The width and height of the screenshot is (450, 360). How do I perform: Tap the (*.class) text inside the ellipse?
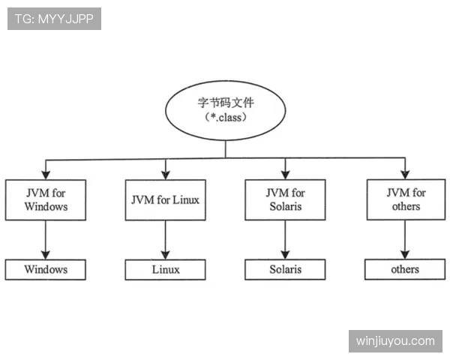[x=225, y=118]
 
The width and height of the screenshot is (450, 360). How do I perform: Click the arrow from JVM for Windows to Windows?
[x=45, y=240]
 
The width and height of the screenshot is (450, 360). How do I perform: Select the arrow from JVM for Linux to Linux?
[x=165, y=240]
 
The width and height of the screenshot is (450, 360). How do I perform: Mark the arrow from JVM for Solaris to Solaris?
[x=285, y=240]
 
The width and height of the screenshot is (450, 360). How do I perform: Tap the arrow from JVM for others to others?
[x=405, y=239]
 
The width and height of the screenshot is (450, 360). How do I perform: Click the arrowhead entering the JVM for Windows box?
[x=46, y=175]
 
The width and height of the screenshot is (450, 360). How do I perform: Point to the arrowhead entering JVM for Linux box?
[x=166, y=175]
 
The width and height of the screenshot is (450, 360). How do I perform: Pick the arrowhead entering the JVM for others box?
[x=405, y=175]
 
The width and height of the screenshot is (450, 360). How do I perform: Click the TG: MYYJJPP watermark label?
[x=54, y=19]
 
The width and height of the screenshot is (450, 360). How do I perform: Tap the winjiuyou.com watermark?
[x=395, y=341]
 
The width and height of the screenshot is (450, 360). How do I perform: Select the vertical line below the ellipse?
[x=225, y=149]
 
